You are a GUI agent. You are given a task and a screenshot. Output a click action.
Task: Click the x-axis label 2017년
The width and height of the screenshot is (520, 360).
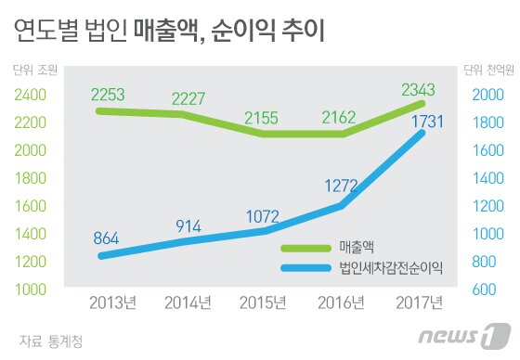tap(414, 302)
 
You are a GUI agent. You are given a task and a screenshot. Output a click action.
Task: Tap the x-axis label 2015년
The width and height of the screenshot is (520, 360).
tap(265, 302)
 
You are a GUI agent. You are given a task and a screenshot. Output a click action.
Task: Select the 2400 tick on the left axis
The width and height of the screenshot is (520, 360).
tap(32, 95)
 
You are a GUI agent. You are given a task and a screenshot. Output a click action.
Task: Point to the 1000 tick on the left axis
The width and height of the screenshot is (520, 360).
tap(32, 289)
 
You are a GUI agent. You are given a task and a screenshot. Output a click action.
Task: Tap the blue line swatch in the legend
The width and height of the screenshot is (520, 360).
tap(307, 270)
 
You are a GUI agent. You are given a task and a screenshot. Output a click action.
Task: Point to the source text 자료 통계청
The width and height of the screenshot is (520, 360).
tap(50, 341)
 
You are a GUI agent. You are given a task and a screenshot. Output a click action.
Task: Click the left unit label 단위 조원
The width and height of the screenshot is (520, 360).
tap(35, 70)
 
